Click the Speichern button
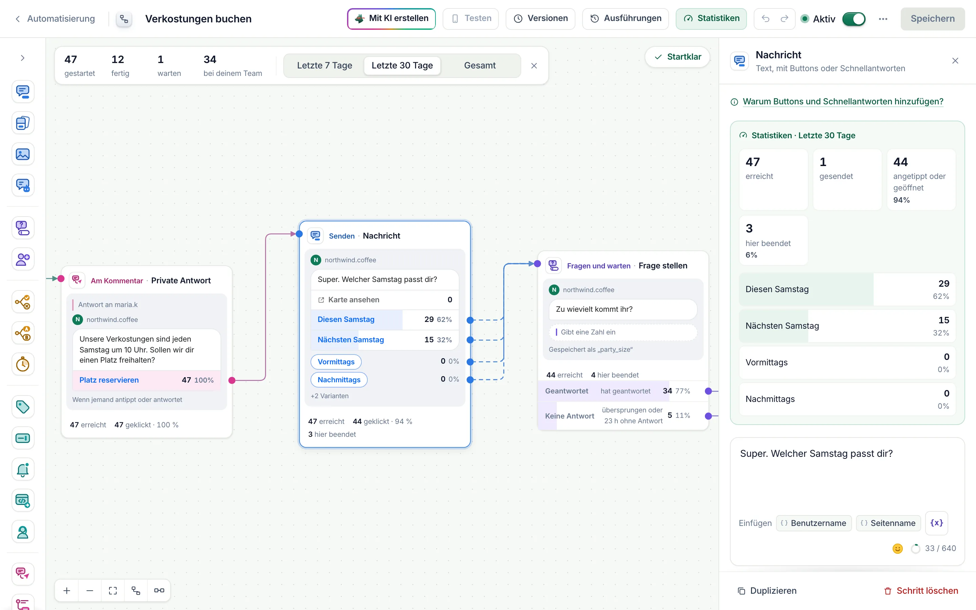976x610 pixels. tap(932, 19)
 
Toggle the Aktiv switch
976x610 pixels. tap(854, 19)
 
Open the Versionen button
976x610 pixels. tap(541, 19)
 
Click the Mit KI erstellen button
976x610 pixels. tap(391, 19)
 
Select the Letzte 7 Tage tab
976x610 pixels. tap(324, 65)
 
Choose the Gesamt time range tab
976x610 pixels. tap(480, 65)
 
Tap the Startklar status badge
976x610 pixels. tap(677, 57)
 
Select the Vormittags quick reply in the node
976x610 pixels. tap(336, 362)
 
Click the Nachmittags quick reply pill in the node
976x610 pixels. tap(339, 380)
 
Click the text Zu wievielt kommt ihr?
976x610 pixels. tap(594, 309)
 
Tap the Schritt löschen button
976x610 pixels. tap(921, 591)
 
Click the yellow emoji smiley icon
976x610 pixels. tap(897, 549)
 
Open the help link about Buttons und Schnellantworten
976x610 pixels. tap(843, 102)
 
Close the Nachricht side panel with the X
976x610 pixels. tap(955, 61)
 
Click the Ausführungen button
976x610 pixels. tap(626, 19)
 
